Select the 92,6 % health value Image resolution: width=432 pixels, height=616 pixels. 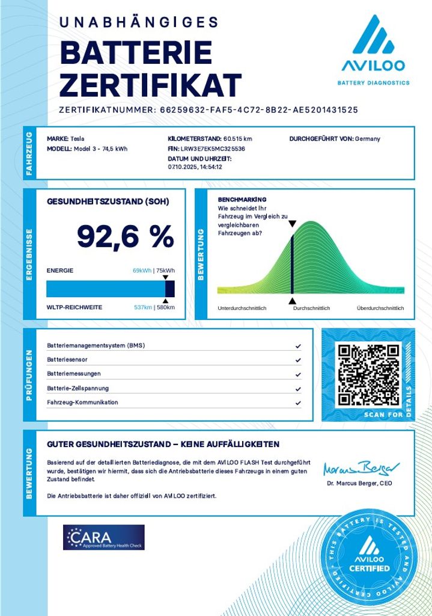point(125,237)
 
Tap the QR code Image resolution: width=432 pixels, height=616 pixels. point(368,374)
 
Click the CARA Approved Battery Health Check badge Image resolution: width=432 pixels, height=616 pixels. point(104,537)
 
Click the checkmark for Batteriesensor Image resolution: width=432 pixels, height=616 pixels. point(298,360)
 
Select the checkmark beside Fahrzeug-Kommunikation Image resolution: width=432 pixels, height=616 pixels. point(298,402)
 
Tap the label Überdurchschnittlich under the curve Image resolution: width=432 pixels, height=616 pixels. point(380,308)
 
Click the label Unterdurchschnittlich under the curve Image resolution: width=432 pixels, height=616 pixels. point(242,308)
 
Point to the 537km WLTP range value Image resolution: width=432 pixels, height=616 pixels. point(142,307)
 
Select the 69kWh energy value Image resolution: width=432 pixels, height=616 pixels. point(142,271)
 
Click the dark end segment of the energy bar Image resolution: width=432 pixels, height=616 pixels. point(170,289)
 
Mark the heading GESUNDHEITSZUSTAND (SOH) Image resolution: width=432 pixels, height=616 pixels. point(108,201)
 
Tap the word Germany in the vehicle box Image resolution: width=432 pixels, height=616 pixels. point(368,139)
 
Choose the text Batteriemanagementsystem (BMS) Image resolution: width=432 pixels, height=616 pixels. point(96,346)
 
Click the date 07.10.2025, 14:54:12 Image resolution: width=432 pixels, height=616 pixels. point(195,167)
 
